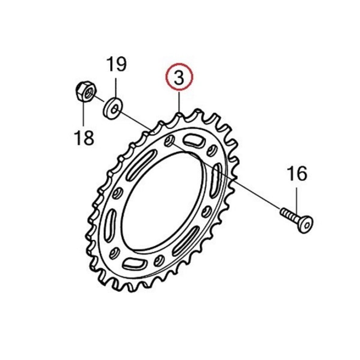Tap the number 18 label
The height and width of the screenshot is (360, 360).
[84, 137]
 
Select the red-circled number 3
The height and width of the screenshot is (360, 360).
[180, 76]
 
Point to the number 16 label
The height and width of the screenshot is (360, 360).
[297, 174]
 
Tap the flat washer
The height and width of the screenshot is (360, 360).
[112, 108]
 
